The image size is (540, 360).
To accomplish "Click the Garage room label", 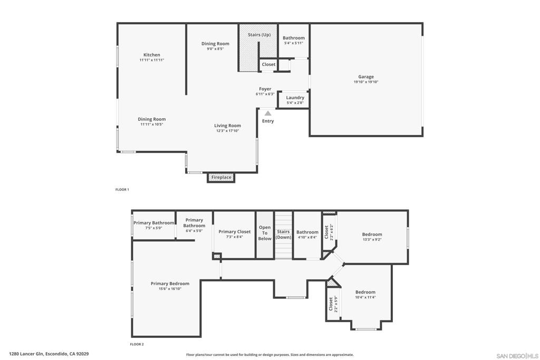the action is (366, 77).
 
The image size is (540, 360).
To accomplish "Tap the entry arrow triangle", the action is (268, 113).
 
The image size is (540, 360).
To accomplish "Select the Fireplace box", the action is (221, 177).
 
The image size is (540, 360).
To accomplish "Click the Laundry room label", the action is (295, 98).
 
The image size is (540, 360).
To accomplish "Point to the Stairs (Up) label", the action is (259, 35).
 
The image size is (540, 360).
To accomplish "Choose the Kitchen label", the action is (152, 55).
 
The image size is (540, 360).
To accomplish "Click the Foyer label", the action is (265, 89).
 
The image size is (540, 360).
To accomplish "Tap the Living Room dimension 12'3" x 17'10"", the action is (227, 131).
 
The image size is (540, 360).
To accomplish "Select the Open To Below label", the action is (265, 233).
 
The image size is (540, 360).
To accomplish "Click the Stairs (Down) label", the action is (283, 235).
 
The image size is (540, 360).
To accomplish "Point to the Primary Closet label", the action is (235, 231).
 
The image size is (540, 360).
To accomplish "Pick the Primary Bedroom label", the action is (170, 284).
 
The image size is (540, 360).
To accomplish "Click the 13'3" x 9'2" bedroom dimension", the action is (372, 239).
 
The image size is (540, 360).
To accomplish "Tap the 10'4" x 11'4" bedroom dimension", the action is (365, 297).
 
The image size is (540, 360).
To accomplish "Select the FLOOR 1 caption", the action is (122, 190).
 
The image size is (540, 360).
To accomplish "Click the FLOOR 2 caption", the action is (137, 344).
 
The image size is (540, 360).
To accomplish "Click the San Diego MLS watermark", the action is (517, 356).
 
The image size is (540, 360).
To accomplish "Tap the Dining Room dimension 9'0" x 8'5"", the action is (215, 49).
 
